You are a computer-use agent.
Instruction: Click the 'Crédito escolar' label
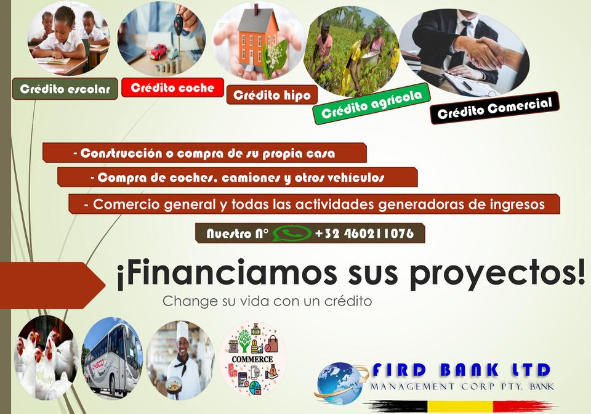point(65,89)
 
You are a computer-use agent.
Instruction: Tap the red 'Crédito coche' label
point(172,87)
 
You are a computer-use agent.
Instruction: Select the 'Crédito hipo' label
point(271,95)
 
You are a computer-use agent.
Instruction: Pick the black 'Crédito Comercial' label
point(494,108)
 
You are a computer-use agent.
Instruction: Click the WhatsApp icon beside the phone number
point(292,233)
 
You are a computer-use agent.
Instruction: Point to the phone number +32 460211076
point(364,233)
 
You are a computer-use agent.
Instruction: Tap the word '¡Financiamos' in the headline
point(227,272)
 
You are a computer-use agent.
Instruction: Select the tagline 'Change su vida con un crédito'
point(267,301)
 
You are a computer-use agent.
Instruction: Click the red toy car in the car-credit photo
point(158,51)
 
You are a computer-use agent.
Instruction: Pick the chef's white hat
point(182,330)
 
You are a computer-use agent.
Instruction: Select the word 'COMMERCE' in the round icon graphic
point(252,359)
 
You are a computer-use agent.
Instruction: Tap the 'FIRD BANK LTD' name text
point(461,370)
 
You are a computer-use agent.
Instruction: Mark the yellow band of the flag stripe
point(460,406)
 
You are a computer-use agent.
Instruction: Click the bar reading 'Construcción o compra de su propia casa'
point(204,153)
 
